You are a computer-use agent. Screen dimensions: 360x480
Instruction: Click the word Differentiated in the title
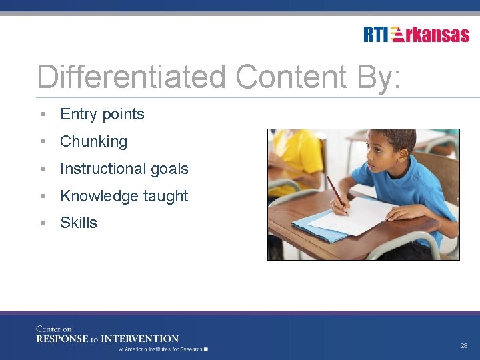click(x=132, y=77)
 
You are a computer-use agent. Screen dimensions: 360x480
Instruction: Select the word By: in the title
click(x=378, y=77)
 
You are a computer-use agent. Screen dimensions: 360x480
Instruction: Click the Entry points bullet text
click(x=102, y=114)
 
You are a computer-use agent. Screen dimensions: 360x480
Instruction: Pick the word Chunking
click(x=93, y=141)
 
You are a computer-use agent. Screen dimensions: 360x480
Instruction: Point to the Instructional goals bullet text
click(x=124, y=169)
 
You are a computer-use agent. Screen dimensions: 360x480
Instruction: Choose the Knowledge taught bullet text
click(x=124, y=196)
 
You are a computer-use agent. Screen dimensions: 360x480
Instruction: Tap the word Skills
click(x=79, y=223)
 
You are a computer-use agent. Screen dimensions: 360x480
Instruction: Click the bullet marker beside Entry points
click(x=43, y=114)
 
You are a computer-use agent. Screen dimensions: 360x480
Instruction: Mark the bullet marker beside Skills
click(x=43, y=223)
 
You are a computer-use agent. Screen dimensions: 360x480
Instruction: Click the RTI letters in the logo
click(x=376, y=35)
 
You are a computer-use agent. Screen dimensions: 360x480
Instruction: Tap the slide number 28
click(x=463, y=346)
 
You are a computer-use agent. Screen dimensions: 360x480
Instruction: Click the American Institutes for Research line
click(x=163, y=349)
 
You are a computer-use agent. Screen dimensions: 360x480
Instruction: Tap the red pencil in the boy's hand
click(x=336, y=193)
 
